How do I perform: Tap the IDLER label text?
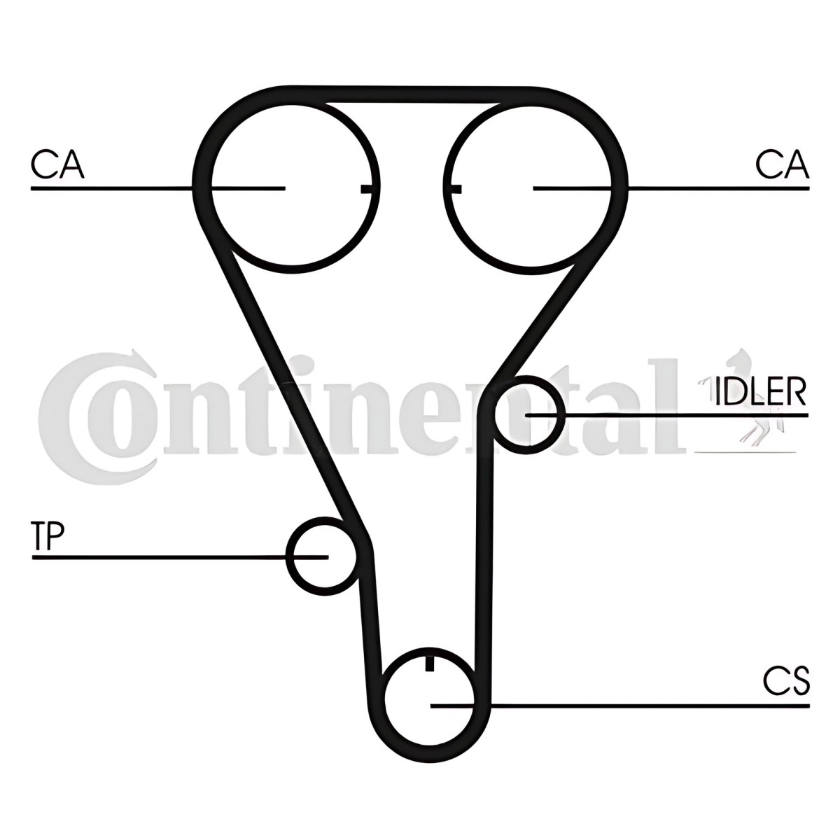click(x=760, y=391)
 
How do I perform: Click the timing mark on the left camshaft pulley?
click(x=367, y=189)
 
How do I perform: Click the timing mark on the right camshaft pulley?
click(x=456, y=189)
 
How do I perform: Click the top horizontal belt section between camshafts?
click(x=412, y=95)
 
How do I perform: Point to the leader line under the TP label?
click(x=180, y=556)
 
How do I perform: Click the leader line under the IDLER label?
click(x=667, y=415)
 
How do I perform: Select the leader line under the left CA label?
click(x=157, y=188)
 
